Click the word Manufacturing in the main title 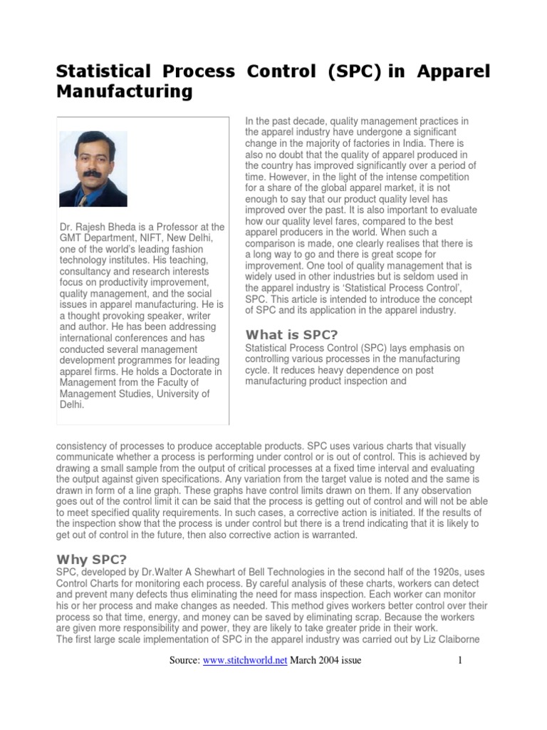124,92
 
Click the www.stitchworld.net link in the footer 244,660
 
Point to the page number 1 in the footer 460,660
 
